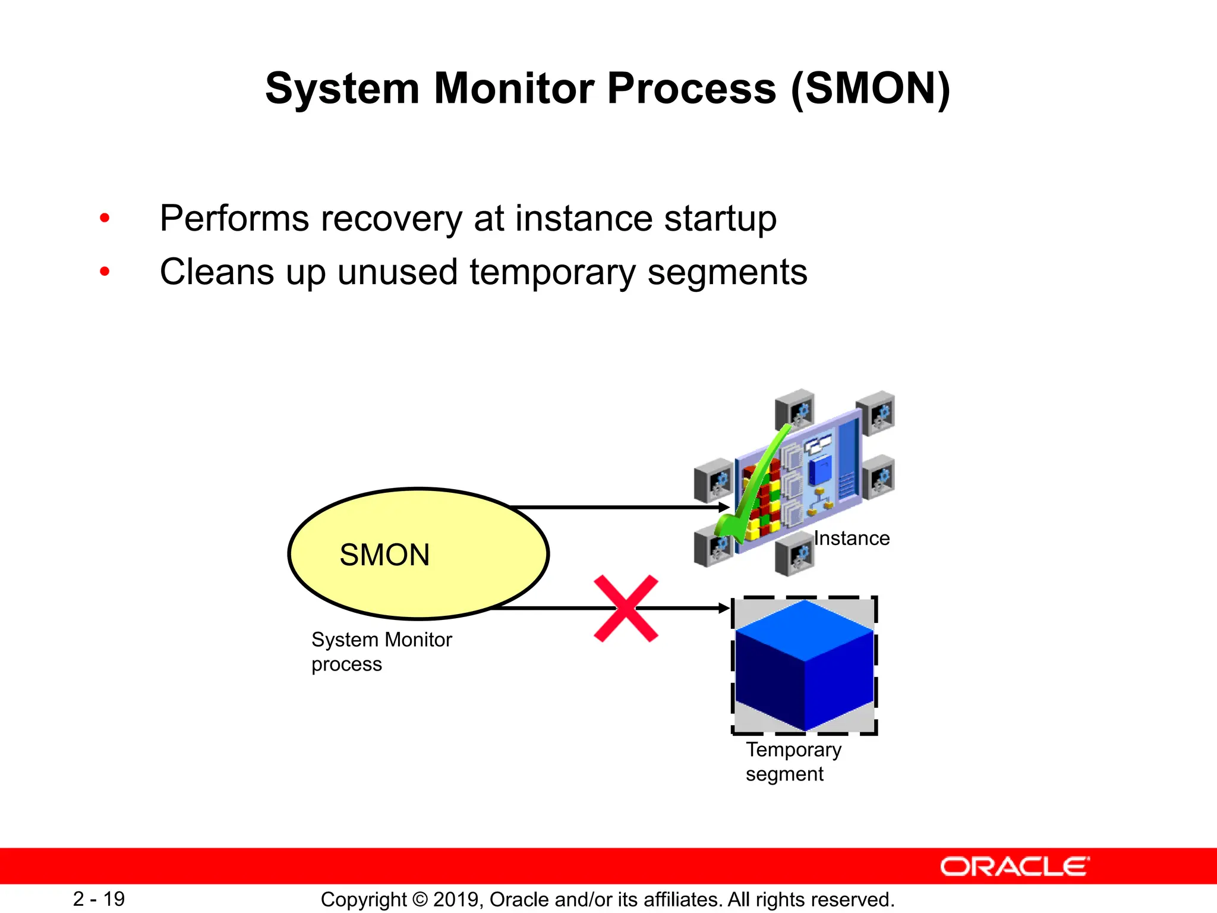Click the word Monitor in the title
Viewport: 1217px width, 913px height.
[513, 89]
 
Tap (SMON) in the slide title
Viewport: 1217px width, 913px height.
[871, 89]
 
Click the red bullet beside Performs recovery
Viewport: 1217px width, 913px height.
[105, 218]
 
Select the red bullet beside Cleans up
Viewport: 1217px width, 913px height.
[105, 272]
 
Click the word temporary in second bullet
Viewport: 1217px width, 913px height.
[553, 273]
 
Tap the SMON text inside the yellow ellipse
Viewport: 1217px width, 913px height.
[384, 555]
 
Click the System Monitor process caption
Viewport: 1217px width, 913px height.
[381, 651]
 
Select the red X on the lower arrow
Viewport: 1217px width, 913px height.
[626, 608]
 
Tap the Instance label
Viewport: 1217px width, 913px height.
[852, 538]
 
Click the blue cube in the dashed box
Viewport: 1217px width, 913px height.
[804, 666]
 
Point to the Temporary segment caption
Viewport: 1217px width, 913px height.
[793, 761]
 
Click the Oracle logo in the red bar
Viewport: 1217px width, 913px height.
[1014, 867]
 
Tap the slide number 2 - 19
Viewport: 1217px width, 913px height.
[99, 899]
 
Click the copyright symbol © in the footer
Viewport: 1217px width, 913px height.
[420, 899]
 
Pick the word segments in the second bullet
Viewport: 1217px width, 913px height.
[727, 273]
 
